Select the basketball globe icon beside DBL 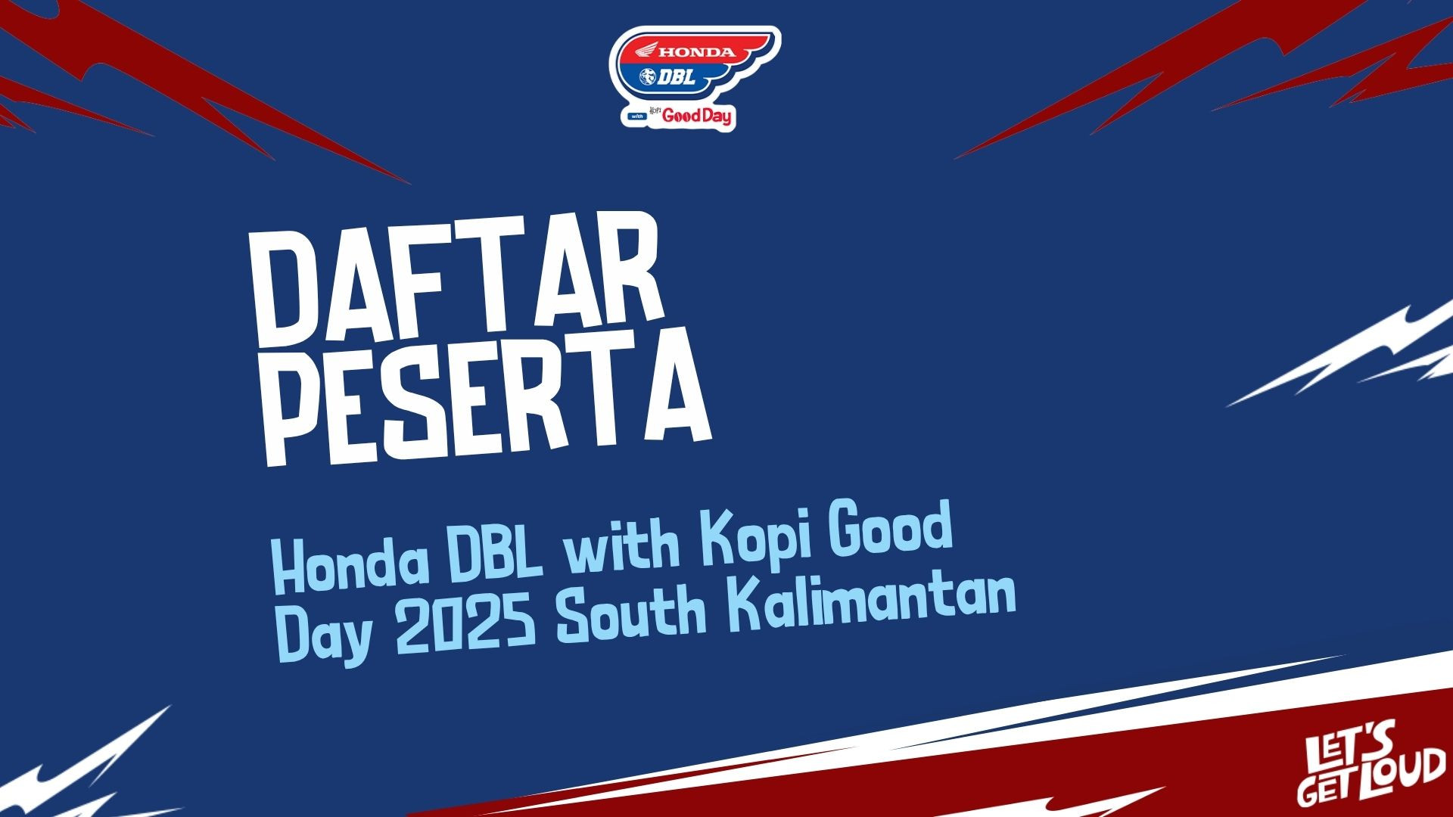point(651,77)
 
